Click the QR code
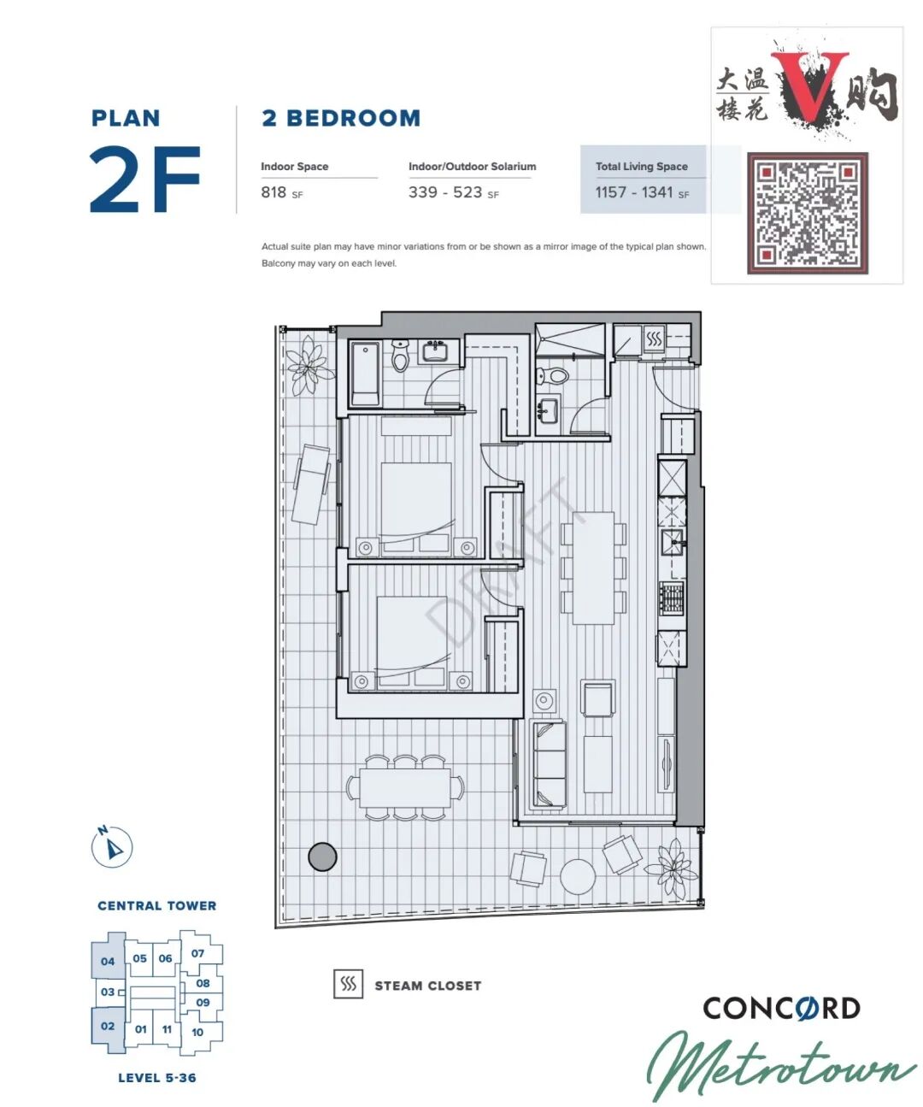[x=807, y=213]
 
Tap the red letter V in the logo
[x=809, y=85]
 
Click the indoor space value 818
[x=273, y=192]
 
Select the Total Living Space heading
[x=642, y=167]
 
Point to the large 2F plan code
[x=144, y=180]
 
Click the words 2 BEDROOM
[x=341, y=118]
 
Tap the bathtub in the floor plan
[x=364, y=374]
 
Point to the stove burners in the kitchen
[x=671, y=597]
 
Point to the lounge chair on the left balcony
[x=311, y=484]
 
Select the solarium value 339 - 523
[x=445, y=192]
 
